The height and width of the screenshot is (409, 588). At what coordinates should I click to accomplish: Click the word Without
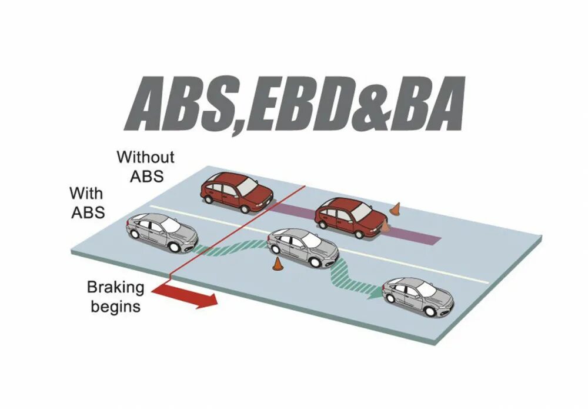[145, 157]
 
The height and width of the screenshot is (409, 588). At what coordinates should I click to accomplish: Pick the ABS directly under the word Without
[145, 175]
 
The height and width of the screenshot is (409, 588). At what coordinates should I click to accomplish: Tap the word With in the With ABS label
[86, 193]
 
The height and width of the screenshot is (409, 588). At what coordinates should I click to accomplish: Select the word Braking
[115, 288]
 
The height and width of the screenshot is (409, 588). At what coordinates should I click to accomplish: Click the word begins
[115, 306]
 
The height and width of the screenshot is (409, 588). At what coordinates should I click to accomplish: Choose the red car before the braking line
[236, 191]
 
